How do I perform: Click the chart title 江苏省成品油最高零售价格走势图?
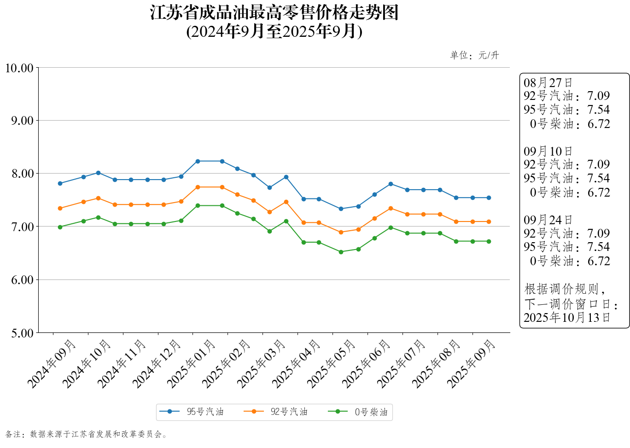click(x=274, y=13)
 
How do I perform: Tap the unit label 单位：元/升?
click(x=474, y=55)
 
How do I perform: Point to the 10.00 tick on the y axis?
click(x=19, y=68)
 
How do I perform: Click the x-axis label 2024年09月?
click(x=52, y=363)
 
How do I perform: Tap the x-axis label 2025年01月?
click(x=192, y=363)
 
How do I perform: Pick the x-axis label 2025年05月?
click(x=332, y=363)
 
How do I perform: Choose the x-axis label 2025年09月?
click(x=471, y=363)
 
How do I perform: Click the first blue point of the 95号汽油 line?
click(x=60, y=183)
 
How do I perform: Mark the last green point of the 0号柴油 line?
click(x=489, y=241)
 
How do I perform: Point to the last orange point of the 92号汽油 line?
click(x=489, y=221)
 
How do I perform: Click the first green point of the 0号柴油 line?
click(x=60, y=227)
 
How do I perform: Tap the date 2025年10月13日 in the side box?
click(x=567, y=318)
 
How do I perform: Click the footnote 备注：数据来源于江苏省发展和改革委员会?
click(x=86, y=434)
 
